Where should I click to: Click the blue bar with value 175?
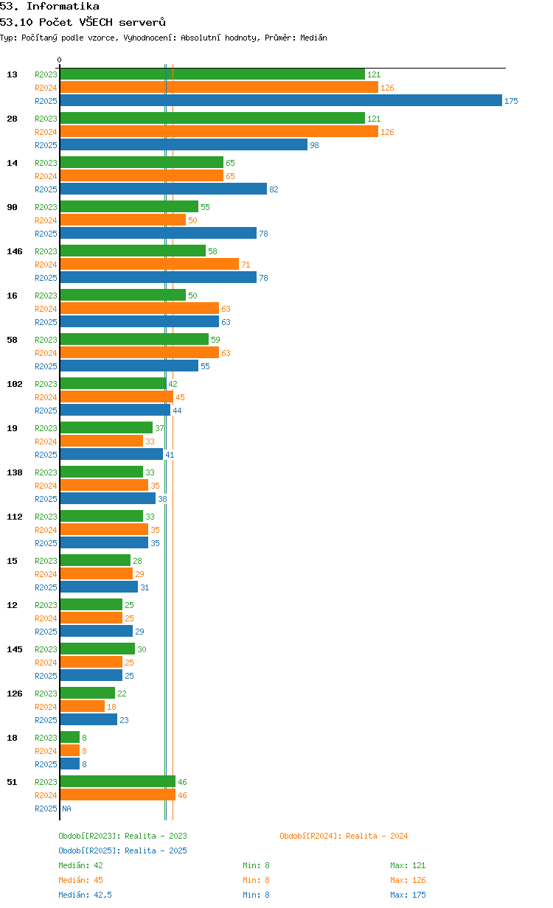coord(281,100)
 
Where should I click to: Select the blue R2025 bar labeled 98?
coord(184,144)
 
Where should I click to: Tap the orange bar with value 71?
coord(149,265)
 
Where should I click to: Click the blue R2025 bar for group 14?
coord(164,189)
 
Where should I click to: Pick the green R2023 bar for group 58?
coord(134,339)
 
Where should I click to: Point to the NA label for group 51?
coord(66,809)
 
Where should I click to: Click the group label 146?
coord(15,251)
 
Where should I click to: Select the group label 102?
coord(15,384)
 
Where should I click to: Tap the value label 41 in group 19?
coord(170,455)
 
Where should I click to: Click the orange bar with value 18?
coord(83,706)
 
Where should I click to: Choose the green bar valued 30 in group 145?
coord(97,649)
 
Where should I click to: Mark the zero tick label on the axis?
coord(59,60)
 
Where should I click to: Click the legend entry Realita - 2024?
coord(344,836)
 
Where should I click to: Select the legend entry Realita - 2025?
coord(122,851)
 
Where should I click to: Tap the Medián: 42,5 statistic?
coord(85,895)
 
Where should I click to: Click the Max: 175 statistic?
coord(408,895)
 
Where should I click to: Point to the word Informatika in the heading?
coord(63,6)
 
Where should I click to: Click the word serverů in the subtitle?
coord(142,22)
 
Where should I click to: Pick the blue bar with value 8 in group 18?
coord(70,764)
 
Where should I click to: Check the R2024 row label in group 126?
coord(46,707)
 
